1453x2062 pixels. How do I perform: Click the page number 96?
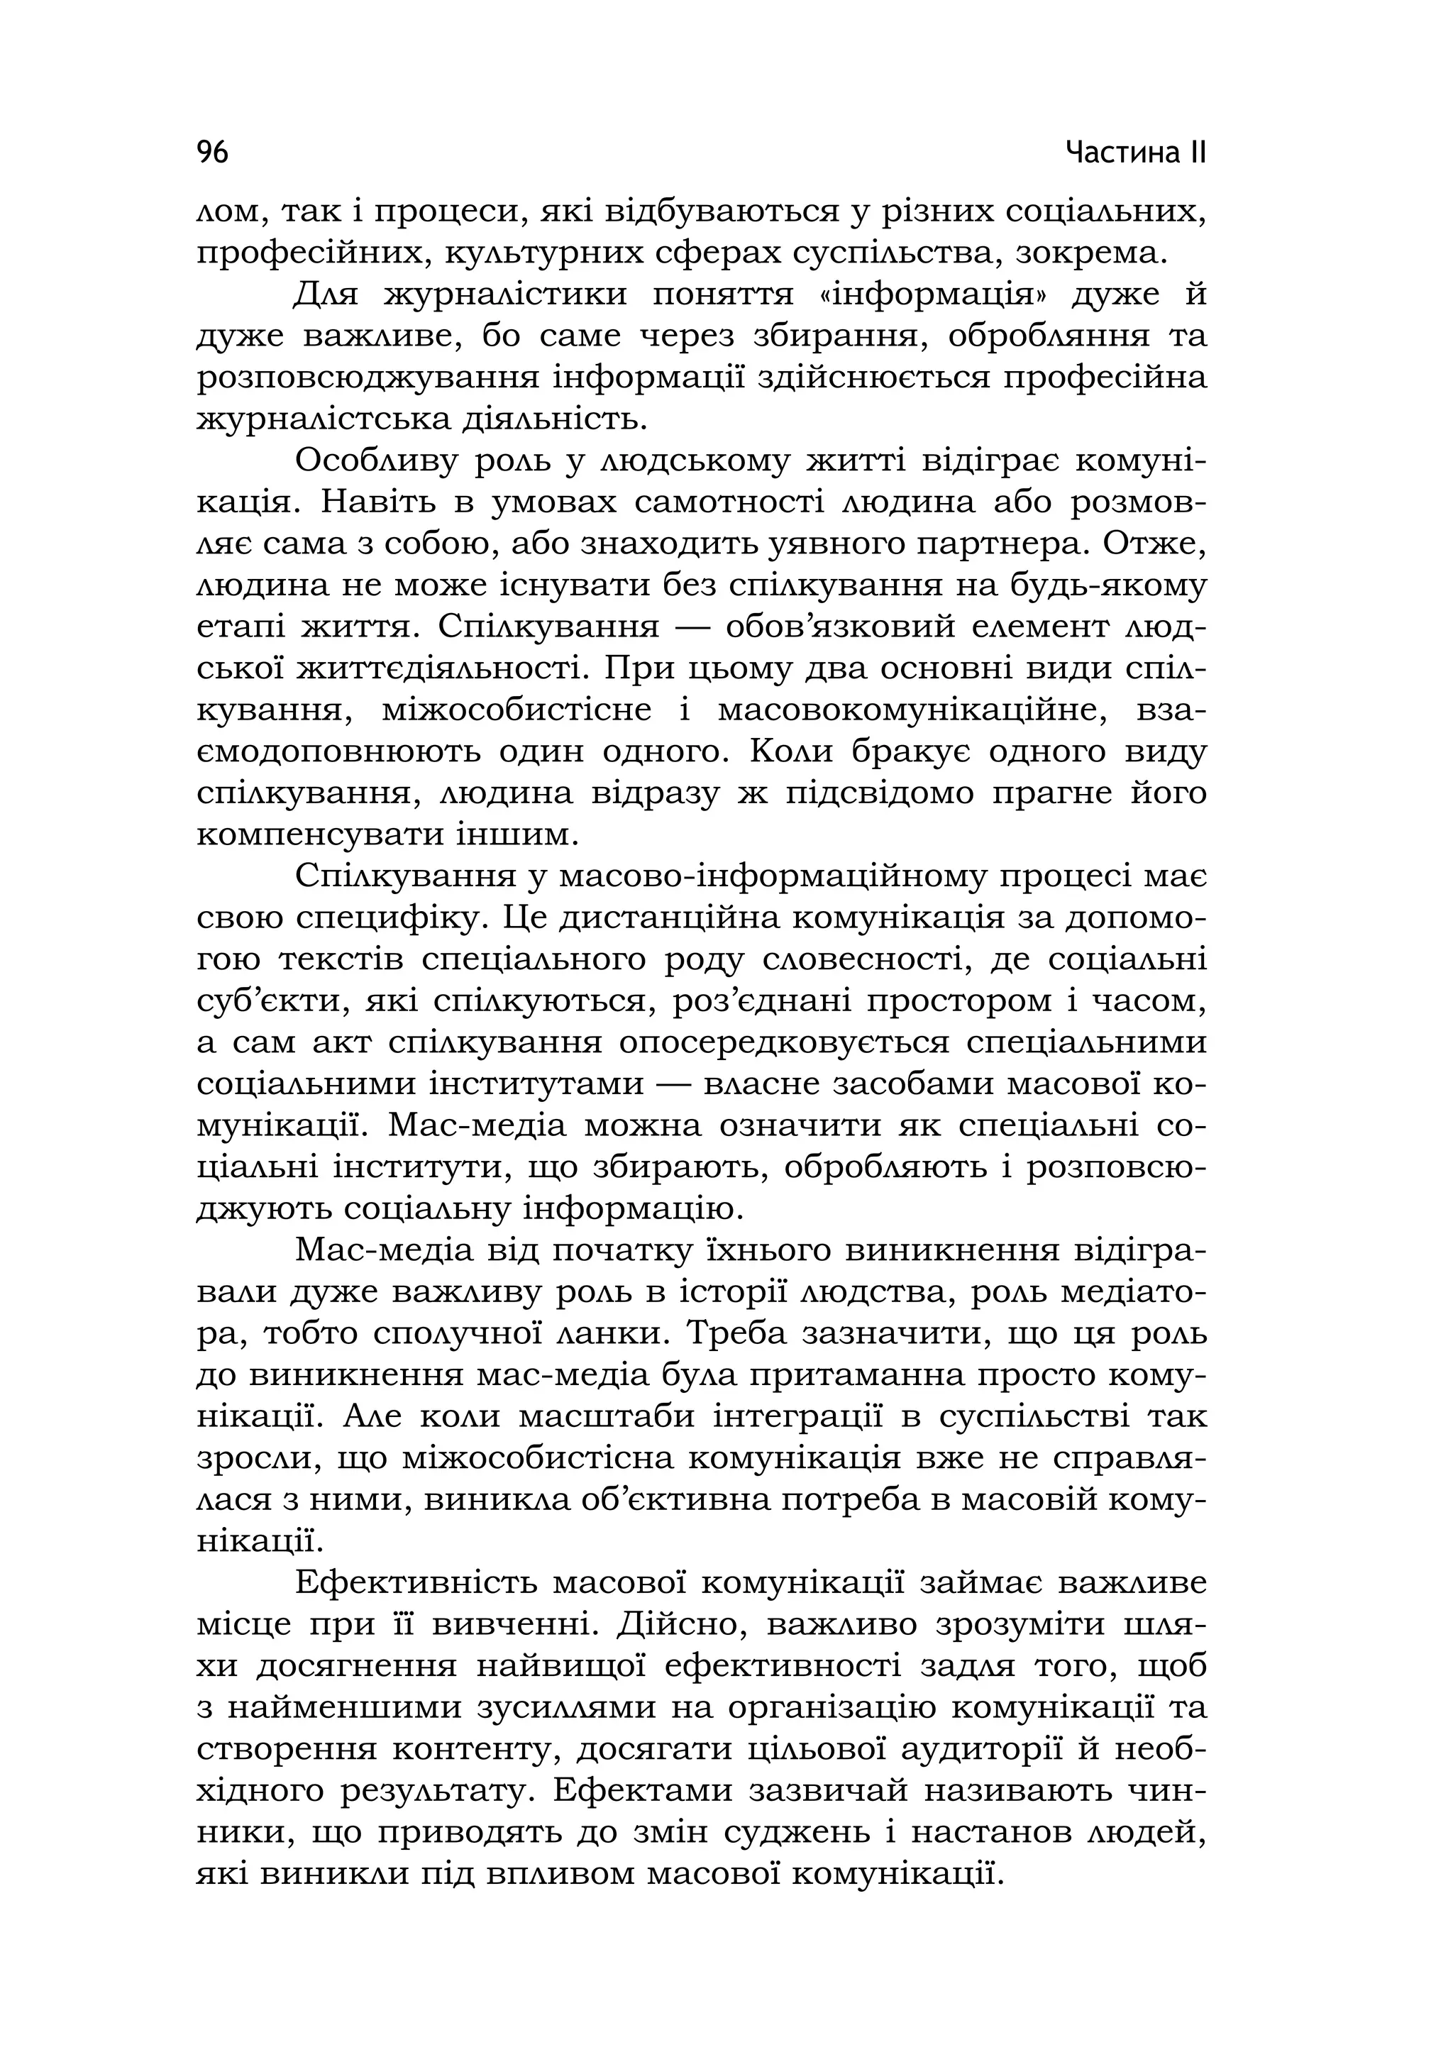click(213, 153)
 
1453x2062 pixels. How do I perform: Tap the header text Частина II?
click(1136, 153)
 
